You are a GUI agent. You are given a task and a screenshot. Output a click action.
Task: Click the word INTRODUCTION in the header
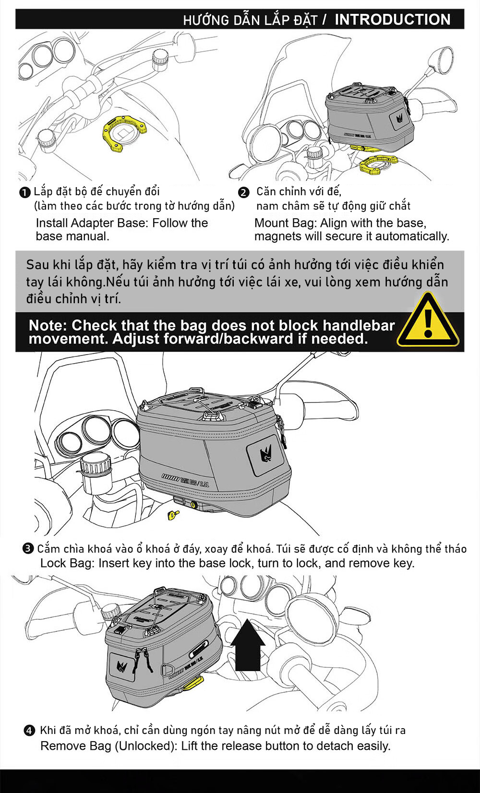[x=392, y=20]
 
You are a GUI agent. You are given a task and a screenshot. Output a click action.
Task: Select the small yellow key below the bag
[x=173, y=515]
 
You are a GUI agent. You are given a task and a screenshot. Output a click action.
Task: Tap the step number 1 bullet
[x=24, y=193]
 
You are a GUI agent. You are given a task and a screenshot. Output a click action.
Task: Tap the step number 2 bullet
[x=244, y=193]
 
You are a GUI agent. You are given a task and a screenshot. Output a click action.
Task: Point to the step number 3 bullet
[x=28, y=549]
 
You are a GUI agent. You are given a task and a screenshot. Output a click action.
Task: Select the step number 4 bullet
[x=29, y=731]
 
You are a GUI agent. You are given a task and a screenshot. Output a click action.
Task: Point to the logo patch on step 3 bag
[x=265, y=454]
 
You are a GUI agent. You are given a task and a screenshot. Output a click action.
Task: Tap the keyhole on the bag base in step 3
[x=194, y=505]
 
